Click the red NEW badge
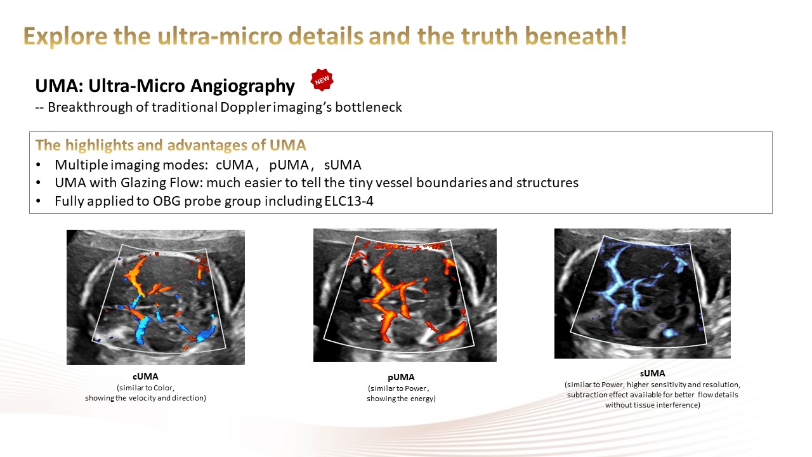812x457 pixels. [322, 79]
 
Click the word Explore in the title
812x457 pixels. [65, 36]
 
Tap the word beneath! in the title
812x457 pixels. [576, 36]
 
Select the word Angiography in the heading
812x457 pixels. [242, 86]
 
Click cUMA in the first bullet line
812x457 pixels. [235, 165]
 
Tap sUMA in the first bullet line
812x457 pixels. [343, 165]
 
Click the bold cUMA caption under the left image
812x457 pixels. [145, 376]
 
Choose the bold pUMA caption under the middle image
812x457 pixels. [401, 377]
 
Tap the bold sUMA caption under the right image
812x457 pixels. [653, 373]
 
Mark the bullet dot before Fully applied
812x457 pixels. [39, 201]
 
